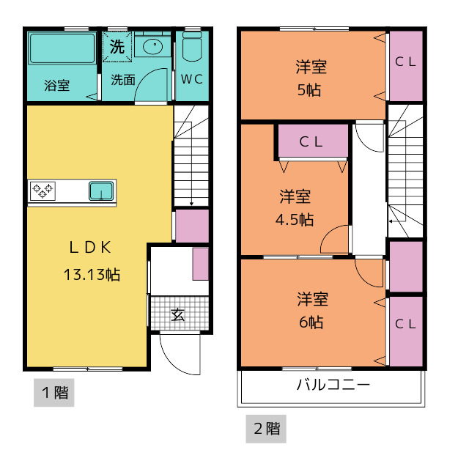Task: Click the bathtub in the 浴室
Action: point(62,48)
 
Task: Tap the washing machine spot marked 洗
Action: point(117,47)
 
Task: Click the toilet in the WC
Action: point(192,46)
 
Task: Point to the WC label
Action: point(192,79)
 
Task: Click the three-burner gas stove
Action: point(43,191)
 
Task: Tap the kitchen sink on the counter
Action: point(101,191)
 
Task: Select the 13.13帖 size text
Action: point(92,275)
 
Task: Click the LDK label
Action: point(90,248)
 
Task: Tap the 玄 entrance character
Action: point(177,314)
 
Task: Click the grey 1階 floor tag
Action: point(53,393)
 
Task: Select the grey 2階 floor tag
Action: point(266,429)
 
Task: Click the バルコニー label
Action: point(333,385)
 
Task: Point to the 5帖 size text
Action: point(309,89)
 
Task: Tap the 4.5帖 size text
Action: point(295,220)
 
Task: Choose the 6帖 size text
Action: point(311,322)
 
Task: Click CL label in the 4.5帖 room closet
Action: point(311,142)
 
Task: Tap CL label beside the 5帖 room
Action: point(405,62)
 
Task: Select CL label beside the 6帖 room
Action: point(405,324)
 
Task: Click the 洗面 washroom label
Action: point(123,80)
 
